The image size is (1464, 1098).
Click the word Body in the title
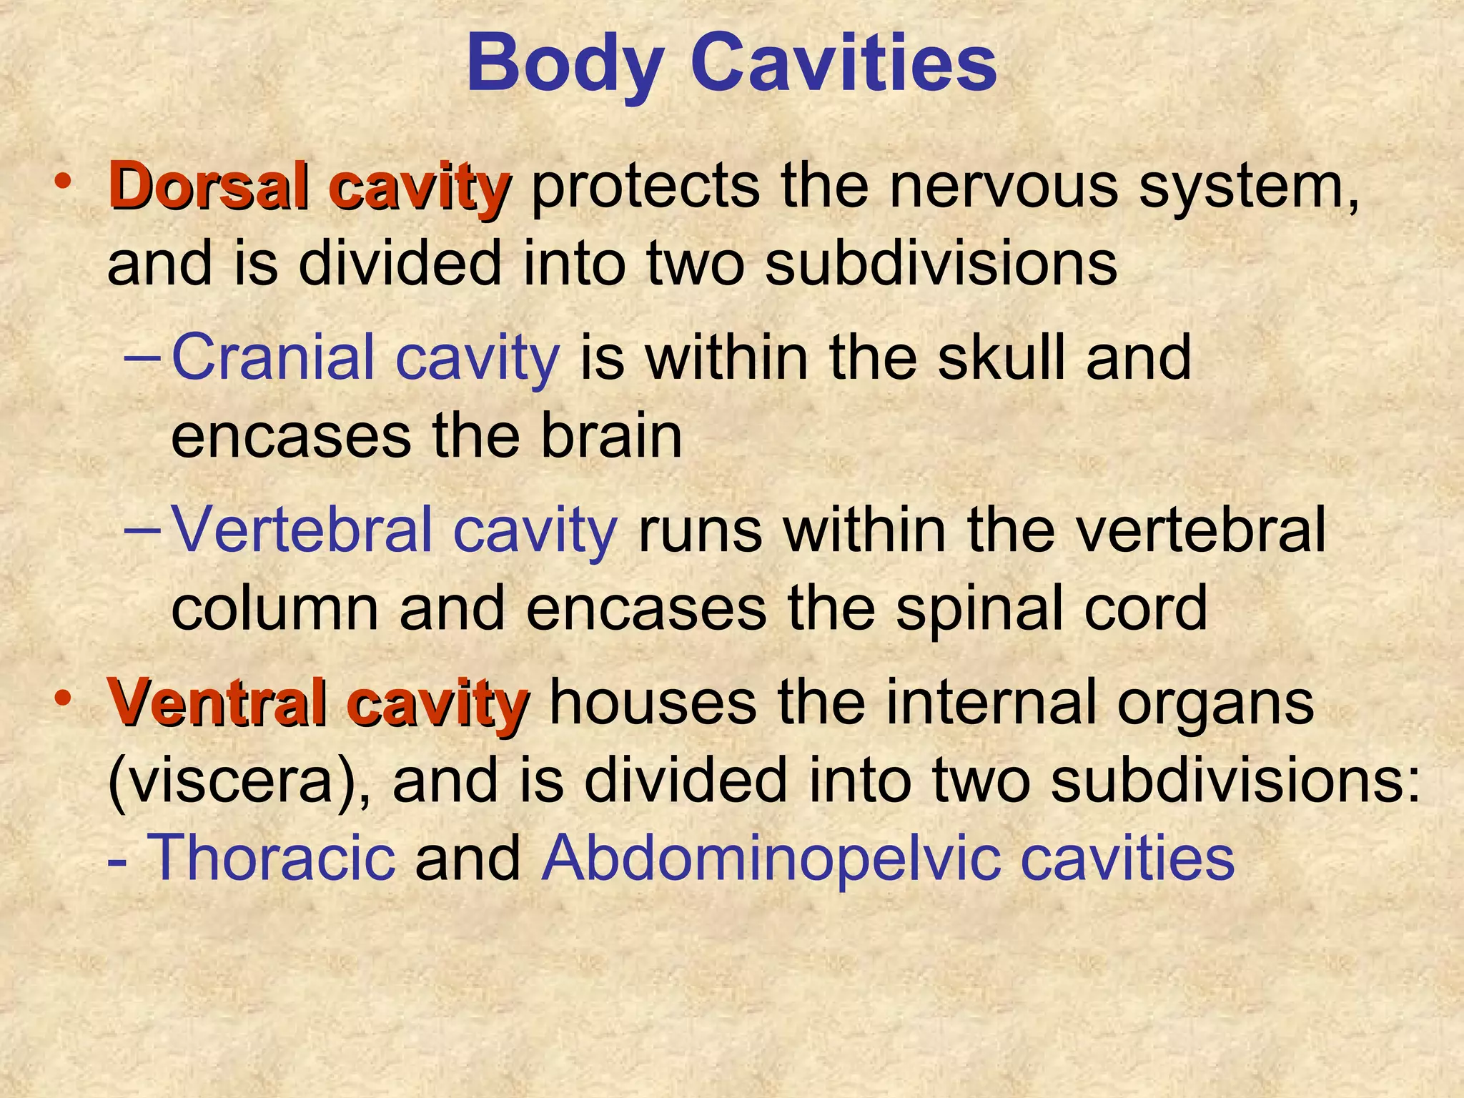pos(564,66)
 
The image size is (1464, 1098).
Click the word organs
pos(1215,705)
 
